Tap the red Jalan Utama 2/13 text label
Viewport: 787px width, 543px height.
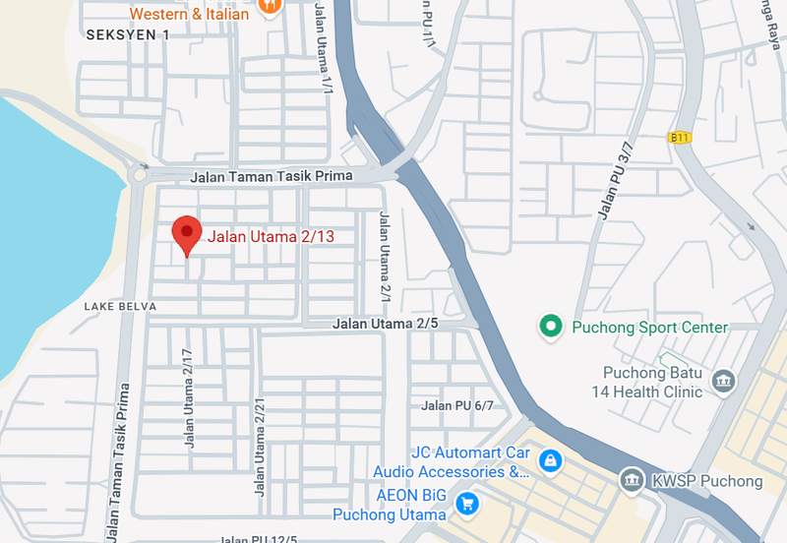coord(271,235)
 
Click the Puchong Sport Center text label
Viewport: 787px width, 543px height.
coord(650,327)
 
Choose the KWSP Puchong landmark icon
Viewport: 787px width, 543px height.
coord(631,481)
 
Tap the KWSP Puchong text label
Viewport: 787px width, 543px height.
coord(705,481)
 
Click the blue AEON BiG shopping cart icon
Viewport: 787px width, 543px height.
coord(467,504)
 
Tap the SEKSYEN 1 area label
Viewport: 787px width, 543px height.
coord(128,34)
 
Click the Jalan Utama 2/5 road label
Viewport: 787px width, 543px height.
coord(385,323)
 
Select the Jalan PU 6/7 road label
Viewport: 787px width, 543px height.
coord(456,405)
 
